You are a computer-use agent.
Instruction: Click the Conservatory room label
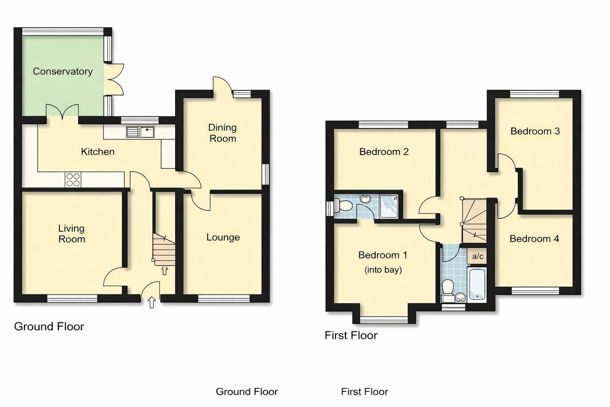(63, 72)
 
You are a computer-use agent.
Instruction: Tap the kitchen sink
(140, 132)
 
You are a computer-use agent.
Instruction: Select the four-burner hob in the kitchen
(73, 180)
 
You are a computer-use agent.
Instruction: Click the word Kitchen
(98, 152)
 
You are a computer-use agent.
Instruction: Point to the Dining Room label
(222, 133)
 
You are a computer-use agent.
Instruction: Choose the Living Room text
(71, 234)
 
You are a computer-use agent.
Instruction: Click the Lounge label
(223, 238)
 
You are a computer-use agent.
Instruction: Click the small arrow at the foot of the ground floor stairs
(164, 271)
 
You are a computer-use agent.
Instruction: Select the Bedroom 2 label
(384, 152)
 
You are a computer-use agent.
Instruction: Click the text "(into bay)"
(383, 270)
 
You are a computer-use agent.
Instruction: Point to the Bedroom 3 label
(535, 131)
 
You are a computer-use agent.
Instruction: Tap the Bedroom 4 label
(534, 239)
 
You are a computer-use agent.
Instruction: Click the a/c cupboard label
(477, 256)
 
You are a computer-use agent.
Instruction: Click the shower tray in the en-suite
(388, 206)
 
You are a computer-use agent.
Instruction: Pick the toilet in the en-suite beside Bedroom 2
(344, 205)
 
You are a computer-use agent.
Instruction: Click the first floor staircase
(474, 221)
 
